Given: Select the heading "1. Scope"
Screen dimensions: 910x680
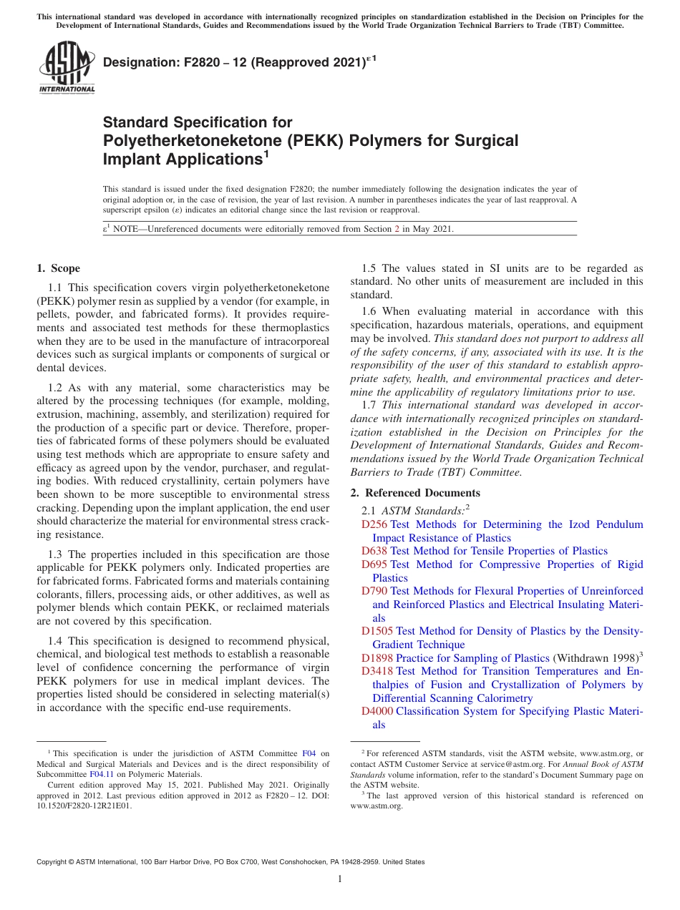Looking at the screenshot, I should [x=58, y=268].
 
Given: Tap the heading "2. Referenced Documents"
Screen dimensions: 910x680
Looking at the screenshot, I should [x=415, y=493].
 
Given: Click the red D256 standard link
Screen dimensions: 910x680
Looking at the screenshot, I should [x=374, y=524].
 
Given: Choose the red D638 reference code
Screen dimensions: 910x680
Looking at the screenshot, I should [x=374, y=551].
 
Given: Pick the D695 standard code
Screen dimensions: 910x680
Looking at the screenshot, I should [x=374, y=564].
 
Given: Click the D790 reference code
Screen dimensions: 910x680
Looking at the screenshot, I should [x=374, y=591].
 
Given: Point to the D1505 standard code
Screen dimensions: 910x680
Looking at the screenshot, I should [x=377, y=631].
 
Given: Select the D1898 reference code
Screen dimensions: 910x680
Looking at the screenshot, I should [x=377, y=658].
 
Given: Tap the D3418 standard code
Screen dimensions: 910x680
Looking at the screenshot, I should [x=377, y=671].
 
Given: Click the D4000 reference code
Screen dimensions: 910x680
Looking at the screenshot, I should [x=377, y=711].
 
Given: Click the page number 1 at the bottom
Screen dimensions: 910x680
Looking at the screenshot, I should [x=340, y=879].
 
